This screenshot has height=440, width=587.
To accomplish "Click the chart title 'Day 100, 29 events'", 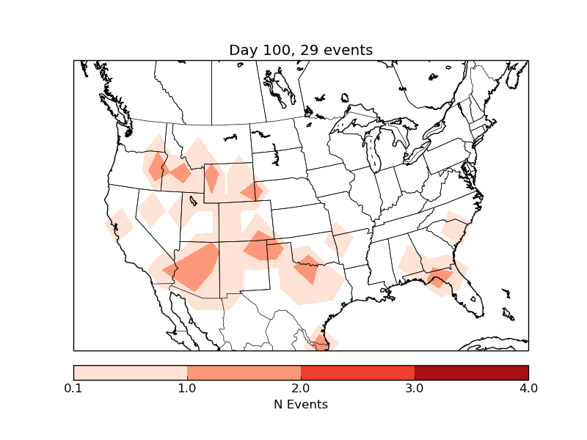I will (x=301, y=50).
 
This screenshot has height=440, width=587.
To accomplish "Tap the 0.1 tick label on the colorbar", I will (x=73, y=388).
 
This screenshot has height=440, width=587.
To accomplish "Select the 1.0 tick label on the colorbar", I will (x=187, y=388).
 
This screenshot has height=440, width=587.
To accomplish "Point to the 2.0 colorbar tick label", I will (x=301, y=388).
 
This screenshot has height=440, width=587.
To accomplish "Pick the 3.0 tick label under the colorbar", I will (x=415, y=388).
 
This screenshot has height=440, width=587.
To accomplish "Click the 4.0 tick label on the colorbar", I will (x=528, y=388).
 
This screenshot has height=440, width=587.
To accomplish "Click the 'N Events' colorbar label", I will (x=301, y=404).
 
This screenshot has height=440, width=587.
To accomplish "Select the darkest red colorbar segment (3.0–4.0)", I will (x=471, y=373).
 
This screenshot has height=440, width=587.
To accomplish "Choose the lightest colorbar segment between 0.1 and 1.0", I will (x=131, y=373).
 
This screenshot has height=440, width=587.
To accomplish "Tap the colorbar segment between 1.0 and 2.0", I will (x=244, y=373).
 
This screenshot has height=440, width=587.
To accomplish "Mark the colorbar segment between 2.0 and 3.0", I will (x=357, y=373).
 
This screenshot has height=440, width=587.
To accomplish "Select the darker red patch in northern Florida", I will (x=439, y=276).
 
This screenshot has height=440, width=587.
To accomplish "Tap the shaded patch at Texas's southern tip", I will (x=321, y=340).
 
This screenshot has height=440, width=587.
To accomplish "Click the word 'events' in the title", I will (x=348, y=50).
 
